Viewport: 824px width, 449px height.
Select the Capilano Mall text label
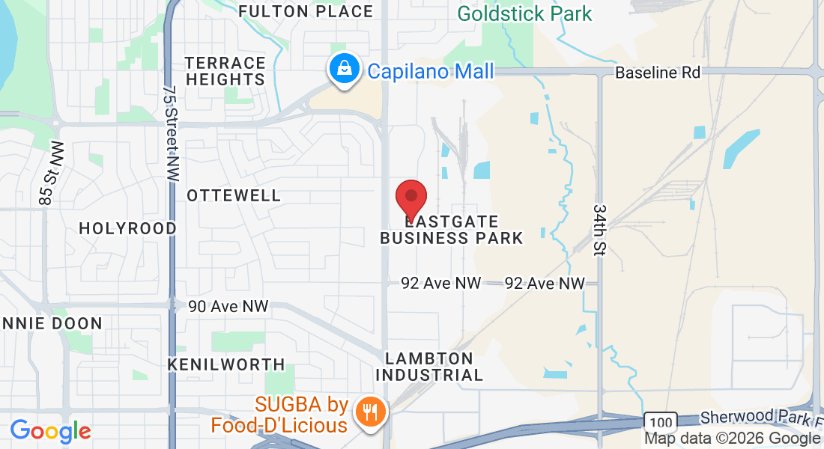click(431, 71)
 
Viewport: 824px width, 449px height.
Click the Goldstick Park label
click(524, 13)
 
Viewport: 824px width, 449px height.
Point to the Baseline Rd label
click(658, 73)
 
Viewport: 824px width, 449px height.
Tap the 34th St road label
click(599, 229)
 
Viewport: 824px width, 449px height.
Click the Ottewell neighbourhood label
click(234, 195)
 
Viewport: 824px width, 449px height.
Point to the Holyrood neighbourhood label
click(128, 228)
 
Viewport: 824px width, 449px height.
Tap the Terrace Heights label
click(225, 71)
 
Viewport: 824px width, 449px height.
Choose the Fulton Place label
click(306, 11)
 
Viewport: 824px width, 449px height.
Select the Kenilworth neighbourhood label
click(226, 364)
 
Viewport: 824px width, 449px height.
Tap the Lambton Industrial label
click(429, 367)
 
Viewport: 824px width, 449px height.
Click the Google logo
click(50, 431)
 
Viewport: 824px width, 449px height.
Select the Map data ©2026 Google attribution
click(732, 439)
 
